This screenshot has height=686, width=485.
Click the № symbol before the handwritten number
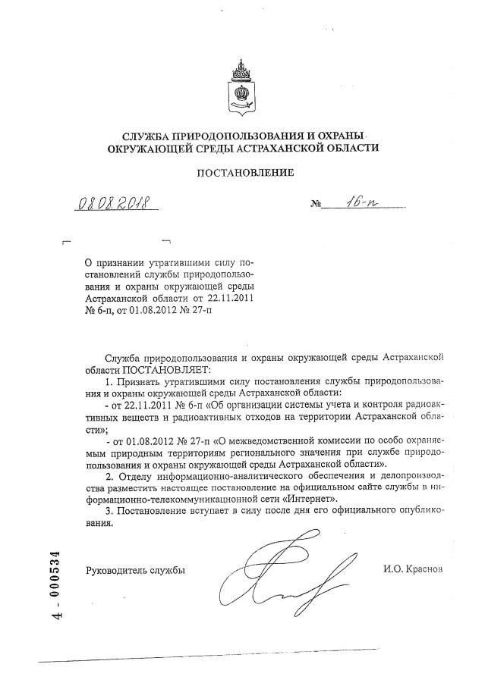(316, 205)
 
